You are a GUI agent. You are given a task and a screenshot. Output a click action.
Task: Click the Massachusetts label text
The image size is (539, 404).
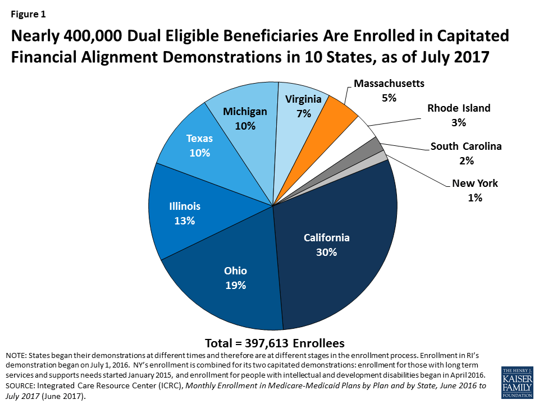pos(389,84)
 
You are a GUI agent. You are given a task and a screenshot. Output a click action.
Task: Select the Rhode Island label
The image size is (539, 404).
pos(459,108)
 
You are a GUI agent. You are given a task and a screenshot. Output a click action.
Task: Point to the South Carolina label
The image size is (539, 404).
pos(466,147)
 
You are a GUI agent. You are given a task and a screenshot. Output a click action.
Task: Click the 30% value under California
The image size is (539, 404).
pos(326,252)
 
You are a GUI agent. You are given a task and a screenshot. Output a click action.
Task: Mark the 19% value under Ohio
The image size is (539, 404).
pos(236,286)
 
